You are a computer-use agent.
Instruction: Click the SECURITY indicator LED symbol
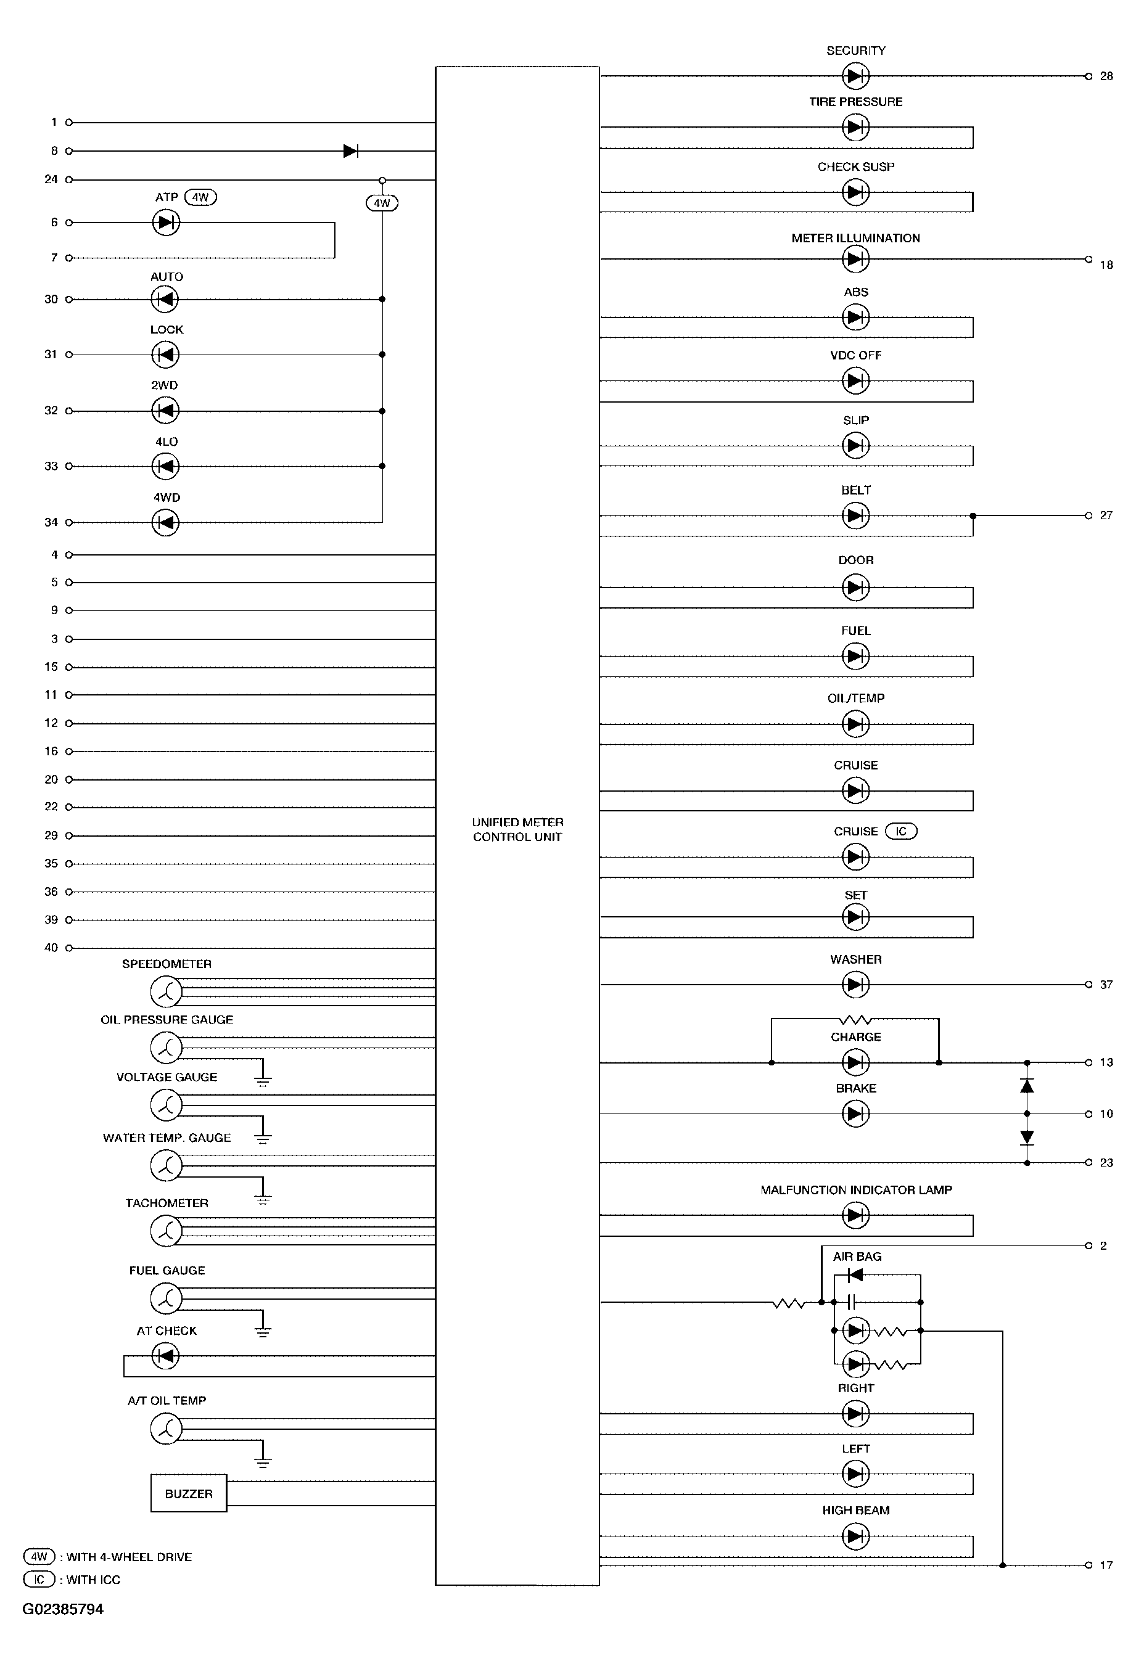pos(856,75)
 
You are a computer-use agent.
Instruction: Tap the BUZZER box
pos(189,1493)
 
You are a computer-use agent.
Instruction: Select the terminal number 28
pos(1106,76)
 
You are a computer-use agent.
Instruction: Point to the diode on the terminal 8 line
pos(350,151)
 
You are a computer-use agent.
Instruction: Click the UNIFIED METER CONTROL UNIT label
pos(517,829)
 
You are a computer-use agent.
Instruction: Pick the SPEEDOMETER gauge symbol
pos(166,991)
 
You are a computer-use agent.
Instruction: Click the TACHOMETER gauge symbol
pos(166,1231)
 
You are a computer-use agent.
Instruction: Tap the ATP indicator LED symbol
pos(166,223)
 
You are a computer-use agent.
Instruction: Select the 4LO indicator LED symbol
pos(166,466)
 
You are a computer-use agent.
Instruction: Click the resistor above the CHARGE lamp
pos(856,1019)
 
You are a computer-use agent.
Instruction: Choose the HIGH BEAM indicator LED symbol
pos(856,1536)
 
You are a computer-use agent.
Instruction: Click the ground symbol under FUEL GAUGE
pos(263,1331)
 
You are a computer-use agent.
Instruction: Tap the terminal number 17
pos(1106,1565)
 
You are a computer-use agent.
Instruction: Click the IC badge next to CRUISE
pos(901,831)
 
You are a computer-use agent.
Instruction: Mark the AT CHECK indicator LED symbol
pos(166,1355)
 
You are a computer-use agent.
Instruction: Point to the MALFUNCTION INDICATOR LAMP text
pos(856,1190)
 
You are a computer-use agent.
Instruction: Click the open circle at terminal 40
pos(69,948)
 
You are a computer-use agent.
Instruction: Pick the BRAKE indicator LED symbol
pos(856,1113)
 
